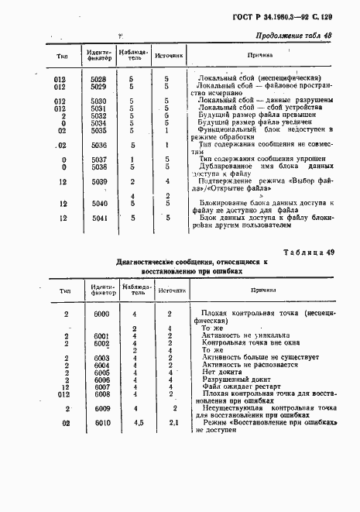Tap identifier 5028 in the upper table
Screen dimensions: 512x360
click(98, 79)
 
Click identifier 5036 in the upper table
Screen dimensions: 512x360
click(98, 144)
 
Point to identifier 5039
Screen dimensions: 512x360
click(98, 181)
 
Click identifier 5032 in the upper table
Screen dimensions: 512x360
click(98, 115)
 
